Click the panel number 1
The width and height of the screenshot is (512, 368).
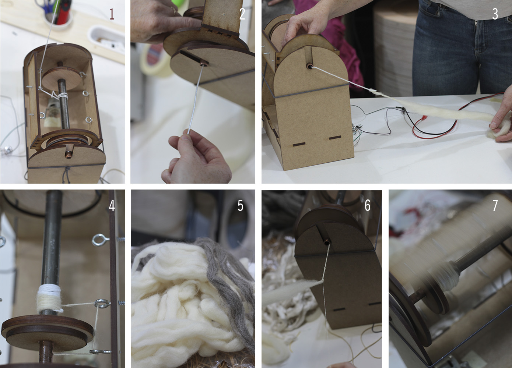pos(112,14)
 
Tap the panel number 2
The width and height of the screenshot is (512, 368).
pos(242,14)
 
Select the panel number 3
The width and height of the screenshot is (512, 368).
pos(495,14)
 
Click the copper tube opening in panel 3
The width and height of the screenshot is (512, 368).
pos(309,67)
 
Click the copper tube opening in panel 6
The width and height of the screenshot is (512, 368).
pos(327,241)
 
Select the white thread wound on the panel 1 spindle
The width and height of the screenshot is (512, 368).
pos(63,96)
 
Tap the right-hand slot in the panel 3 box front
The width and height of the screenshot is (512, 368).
pos(335,137)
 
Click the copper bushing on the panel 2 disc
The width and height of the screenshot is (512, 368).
pos(203,64)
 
